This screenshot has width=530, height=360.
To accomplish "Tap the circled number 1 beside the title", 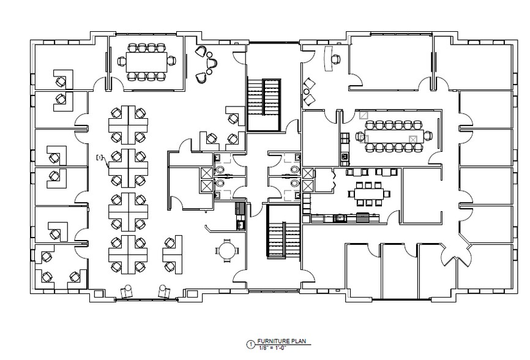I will [250, 344].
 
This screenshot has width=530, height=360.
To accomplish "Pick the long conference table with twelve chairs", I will [390, 135].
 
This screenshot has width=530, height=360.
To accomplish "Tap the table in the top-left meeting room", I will [146, 61].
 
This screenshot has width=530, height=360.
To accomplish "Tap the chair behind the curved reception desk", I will [335, 59].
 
